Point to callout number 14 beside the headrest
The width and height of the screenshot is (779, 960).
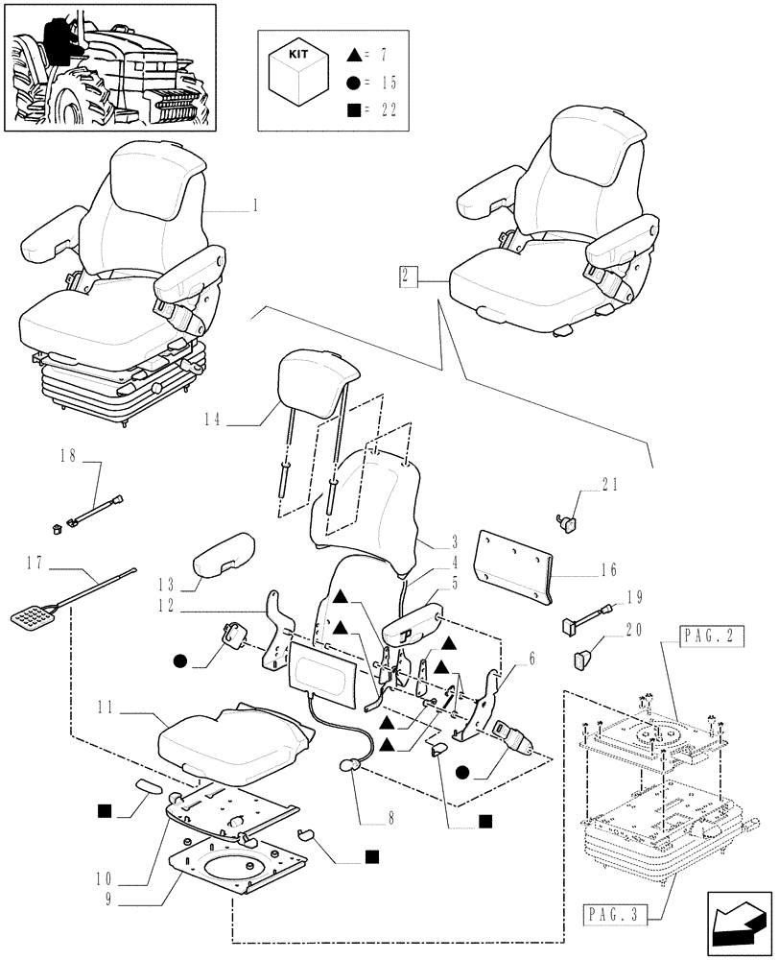pos(213,419)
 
